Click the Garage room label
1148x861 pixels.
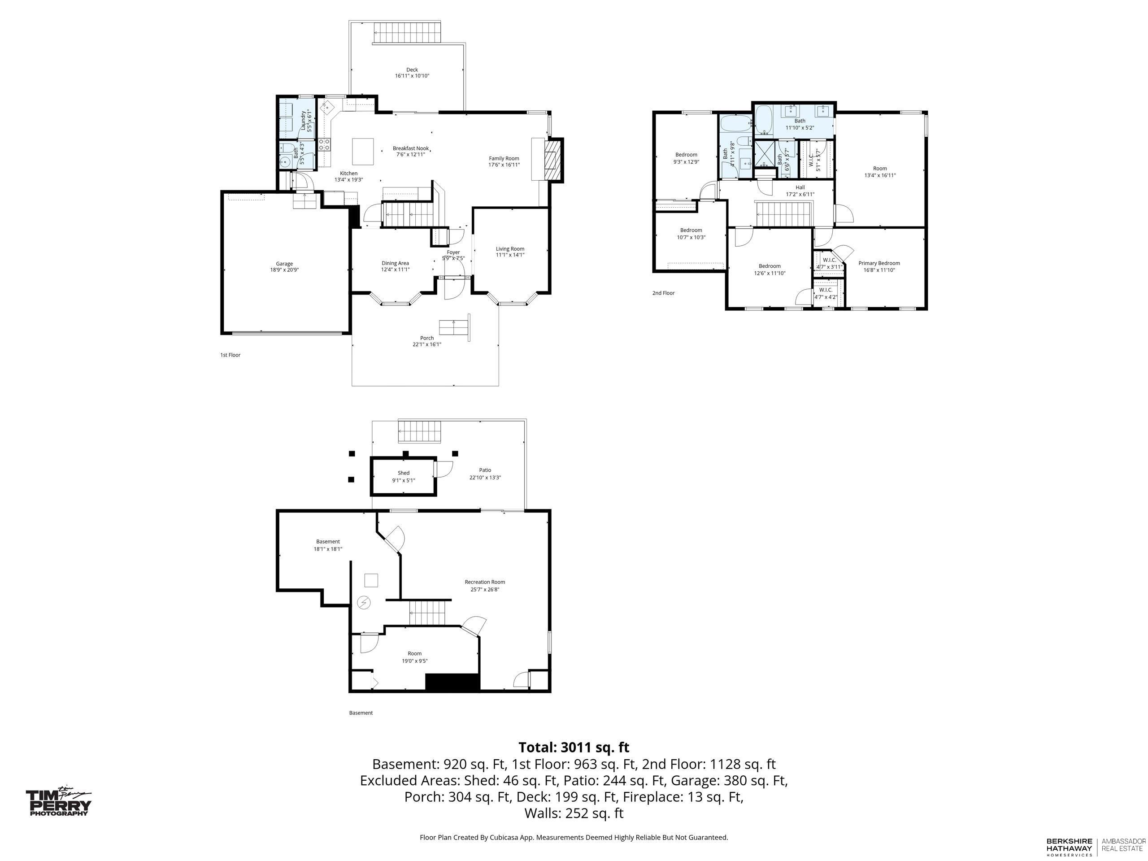point(284,264)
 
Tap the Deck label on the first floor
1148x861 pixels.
point(412,70)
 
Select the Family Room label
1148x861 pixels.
point(504,158)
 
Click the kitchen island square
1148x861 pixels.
point(363,151)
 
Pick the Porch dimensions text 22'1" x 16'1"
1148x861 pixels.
point(426,344)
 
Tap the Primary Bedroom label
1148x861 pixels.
point(879,263)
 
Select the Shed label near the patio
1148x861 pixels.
point(404,473)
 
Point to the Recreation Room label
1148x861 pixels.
point(485,582)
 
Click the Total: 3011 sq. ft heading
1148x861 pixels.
point(574,748)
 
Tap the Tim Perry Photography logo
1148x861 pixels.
point(59,802)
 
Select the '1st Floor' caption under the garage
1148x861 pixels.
point(230,355)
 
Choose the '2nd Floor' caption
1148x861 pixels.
point(663,293)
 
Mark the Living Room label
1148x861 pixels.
point(510,248)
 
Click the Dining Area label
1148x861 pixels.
point(396,263)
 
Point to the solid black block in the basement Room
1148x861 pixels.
point(452,682)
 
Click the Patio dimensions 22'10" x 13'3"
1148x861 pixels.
point(485,478)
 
